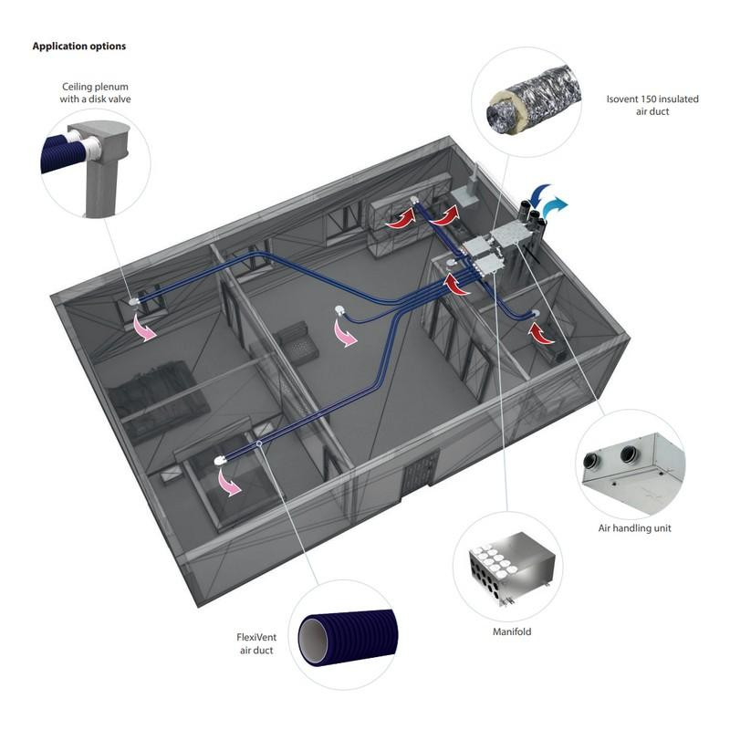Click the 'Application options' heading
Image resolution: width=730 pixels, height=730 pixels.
coord(79,46)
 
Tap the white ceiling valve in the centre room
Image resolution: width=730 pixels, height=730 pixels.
coord(339,310)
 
